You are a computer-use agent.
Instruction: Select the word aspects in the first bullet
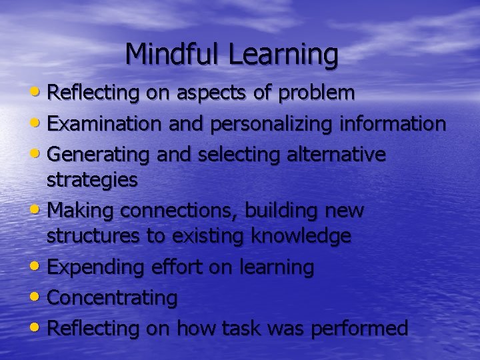215,94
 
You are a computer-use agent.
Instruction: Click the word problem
317,94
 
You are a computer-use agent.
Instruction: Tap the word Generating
100,155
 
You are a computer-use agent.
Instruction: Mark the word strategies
92,180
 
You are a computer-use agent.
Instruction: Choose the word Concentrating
113,298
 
